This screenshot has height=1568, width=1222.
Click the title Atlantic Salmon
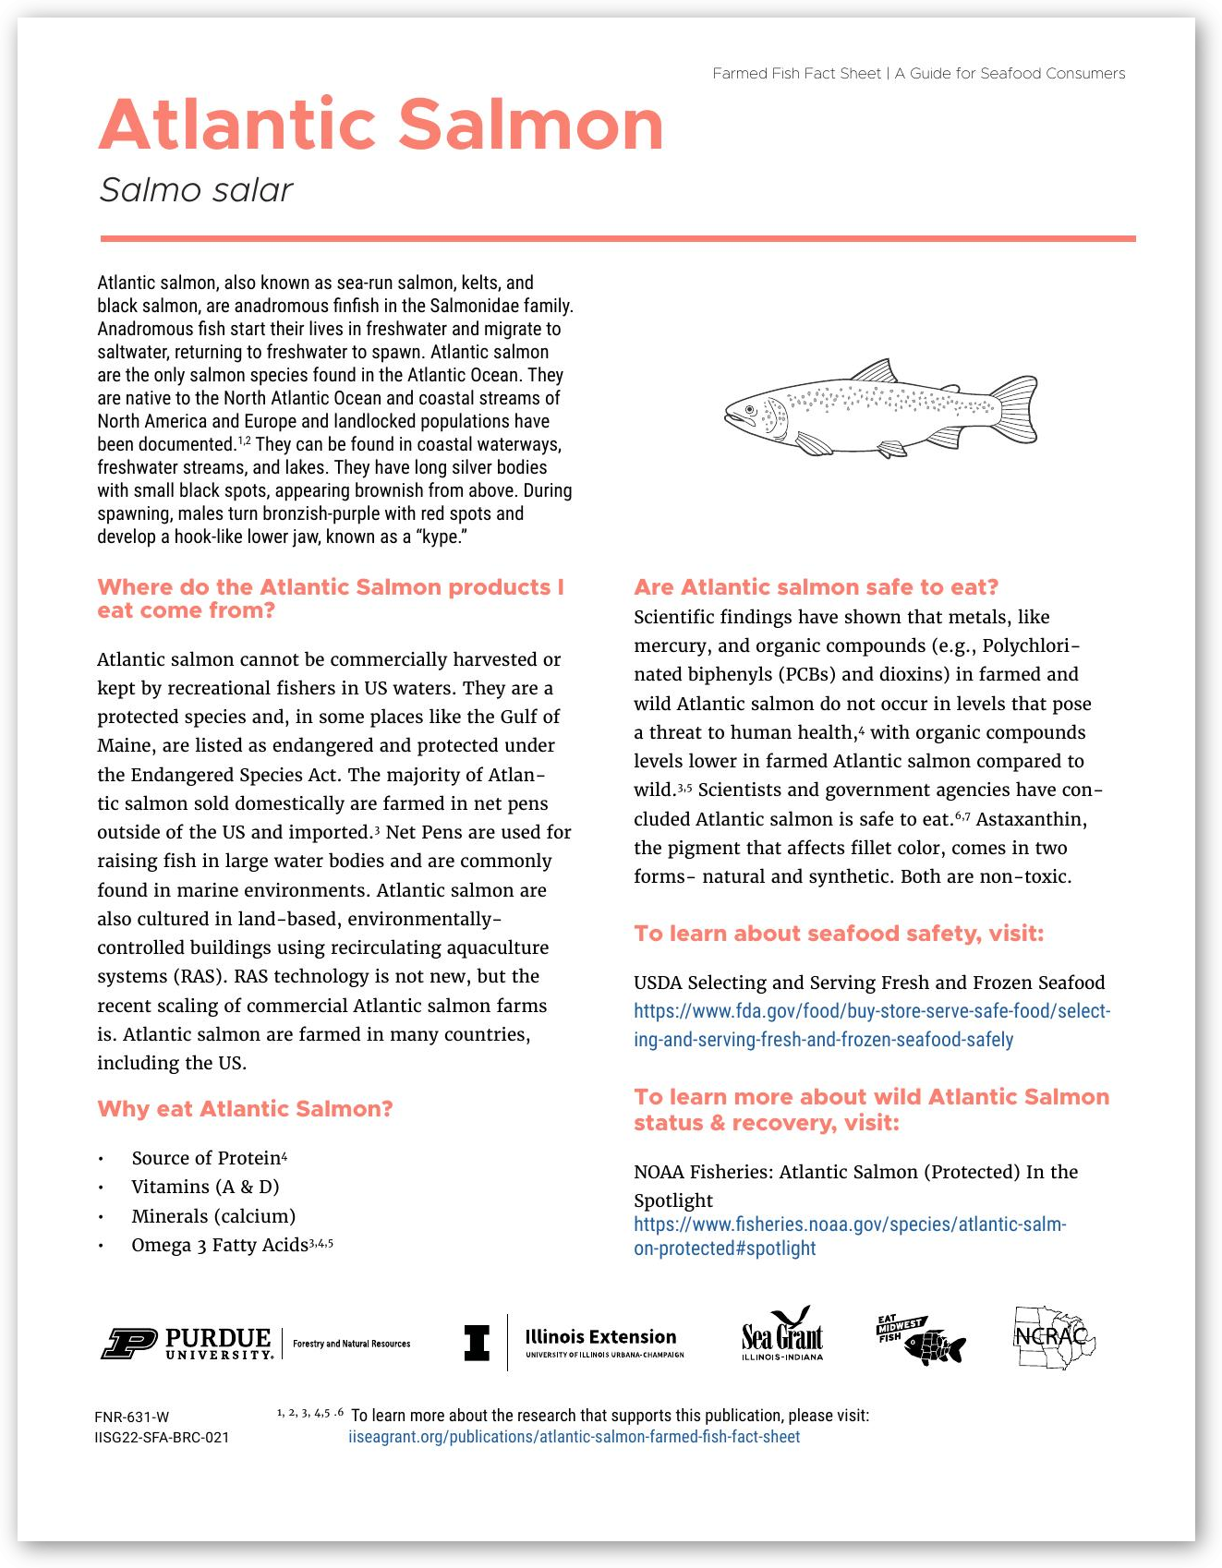click(x=381, y=126)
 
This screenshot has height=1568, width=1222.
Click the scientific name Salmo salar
click(x=196, y=190)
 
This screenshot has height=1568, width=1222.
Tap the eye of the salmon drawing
click(x=750, y=408)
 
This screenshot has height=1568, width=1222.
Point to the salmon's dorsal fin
click(x=876, y=371)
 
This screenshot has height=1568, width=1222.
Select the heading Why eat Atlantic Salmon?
click(x=245, y=1109)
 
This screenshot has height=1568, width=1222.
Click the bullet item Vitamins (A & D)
click(x=205, y=1187)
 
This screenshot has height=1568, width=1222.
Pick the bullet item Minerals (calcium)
click(x=213, y=1216)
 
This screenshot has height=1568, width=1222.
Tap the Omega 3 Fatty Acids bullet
click(x=220, y=1245)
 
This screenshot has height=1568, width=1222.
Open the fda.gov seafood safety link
click(x=871, y=1025)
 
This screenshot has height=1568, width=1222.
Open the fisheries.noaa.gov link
click(x=849, y=1236)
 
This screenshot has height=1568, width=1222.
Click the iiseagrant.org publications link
click(x=574, y=1437)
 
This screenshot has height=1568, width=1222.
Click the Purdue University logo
click(x=188, y=1344)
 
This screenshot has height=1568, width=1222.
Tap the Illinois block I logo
click(x=477, y=1343)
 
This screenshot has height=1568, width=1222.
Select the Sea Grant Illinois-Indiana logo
click(x=781, y=1335)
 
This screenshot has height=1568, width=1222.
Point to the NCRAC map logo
click(x=1054, y=1337)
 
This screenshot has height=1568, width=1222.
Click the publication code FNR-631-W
click(x=131, y=1417)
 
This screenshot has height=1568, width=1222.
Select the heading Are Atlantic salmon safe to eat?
click(x=816, y=587)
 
